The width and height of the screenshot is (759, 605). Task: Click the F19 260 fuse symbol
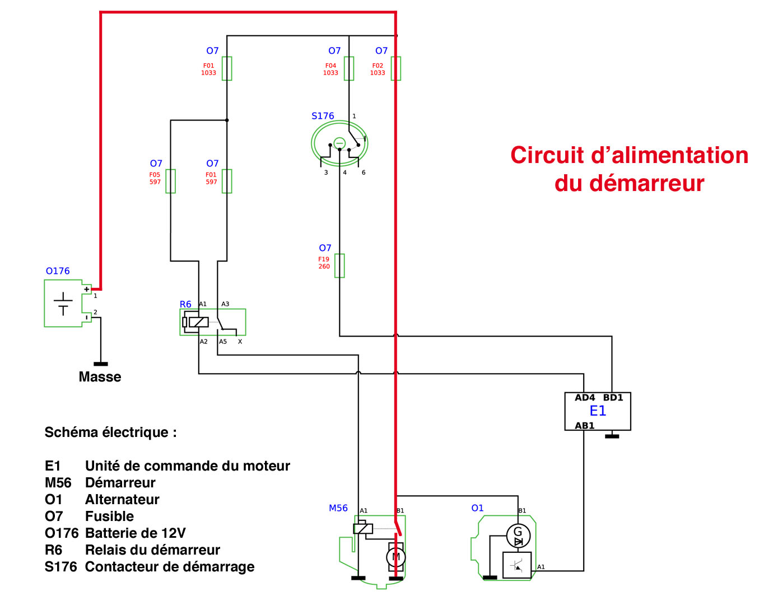pos(339,266)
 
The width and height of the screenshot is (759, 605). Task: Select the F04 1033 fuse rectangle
pos(349,68)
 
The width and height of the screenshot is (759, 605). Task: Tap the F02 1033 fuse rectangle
pos(396,68)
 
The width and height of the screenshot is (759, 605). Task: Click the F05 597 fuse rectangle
pos(171,181)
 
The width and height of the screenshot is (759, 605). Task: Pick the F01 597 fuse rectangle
pos(227,181)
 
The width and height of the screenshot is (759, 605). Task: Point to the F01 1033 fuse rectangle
pos(227,68)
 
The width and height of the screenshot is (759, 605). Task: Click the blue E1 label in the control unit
pos(598,411)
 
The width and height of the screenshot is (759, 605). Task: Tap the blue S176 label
pos(323,116)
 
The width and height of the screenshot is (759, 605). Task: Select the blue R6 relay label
pos(185,304)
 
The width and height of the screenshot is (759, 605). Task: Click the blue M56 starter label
pos(338,508)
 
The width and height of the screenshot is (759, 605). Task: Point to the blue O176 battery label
pos(58,271)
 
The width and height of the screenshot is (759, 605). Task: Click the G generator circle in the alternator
pos(518,536)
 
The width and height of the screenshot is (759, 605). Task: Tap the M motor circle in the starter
pos(396,557)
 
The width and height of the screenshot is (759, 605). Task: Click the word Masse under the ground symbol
pos(100,377)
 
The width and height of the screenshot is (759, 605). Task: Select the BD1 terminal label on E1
pos(613,398)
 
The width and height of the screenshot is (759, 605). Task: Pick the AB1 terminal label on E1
pos(584,426)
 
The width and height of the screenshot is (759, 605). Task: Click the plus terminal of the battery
pos(86,289)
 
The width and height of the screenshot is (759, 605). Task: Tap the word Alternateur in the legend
pos(122,500)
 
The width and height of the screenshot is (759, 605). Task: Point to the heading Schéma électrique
pos(110,432)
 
